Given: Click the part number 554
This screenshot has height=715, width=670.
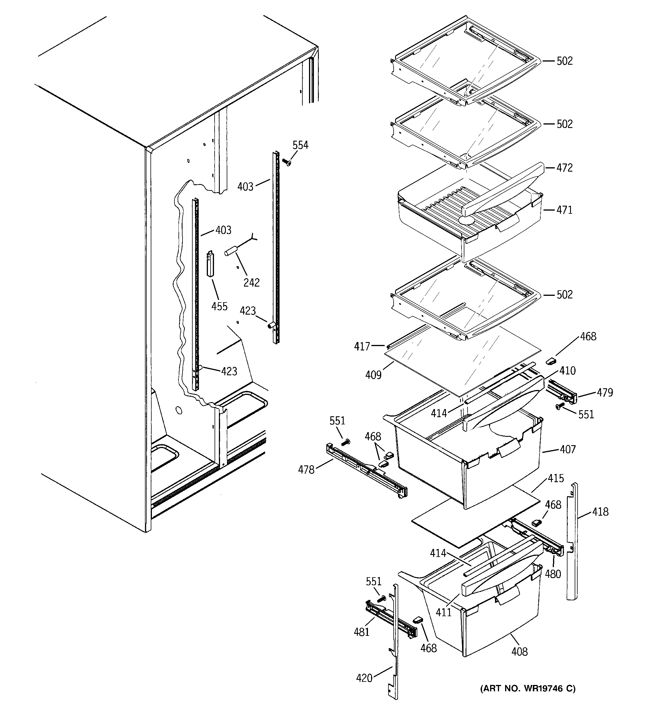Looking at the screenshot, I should point(300,145).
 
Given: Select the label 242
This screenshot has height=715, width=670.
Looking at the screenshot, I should point(251,283).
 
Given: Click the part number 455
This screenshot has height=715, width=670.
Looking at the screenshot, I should point(219,307).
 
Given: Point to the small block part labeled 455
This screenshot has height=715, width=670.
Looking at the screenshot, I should point(210,264).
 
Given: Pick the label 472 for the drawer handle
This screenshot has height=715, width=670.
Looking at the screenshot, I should point(564,168).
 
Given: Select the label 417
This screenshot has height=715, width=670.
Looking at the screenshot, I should point(362,346).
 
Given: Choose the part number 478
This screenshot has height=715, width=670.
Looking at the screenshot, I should point(306,469).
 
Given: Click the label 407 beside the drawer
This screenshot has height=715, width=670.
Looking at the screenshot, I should point(567,449).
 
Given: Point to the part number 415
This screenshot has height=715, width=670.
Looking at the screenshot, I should point(556,478).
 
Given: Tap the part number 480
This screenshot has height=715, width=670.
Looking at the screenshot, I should point(553,574).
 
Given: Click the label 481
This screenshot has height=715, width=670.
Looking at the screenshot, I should point(362,632).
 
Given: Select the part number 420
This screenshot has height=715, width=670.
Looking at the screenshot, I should point(364,678).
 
